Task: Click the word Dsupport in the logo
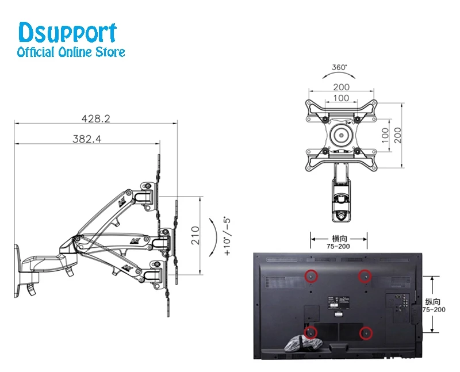(68, 33)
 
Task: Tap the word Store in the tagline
(109, 52)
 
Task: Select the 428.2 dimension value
(96, 118)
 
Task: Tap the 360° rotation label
(339, 67)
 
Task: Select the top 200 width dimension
(341, 87)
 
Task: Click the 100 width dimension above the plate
(341, 98)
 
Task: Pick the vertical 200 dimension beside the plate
(397, 135)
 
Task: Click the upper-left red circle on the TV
(310, 276)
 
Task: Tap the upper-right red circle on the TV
(364, 277)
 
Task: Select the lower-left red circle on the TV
(310, 332)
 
